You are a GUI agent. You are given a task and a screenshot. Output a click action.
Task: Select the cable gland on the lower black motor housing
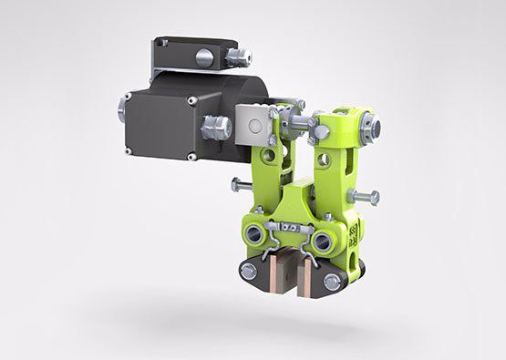(x=217, y=127)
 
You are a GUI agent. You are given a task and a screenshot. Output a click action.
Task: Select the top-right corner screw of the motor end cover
(x=191, y=100)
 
